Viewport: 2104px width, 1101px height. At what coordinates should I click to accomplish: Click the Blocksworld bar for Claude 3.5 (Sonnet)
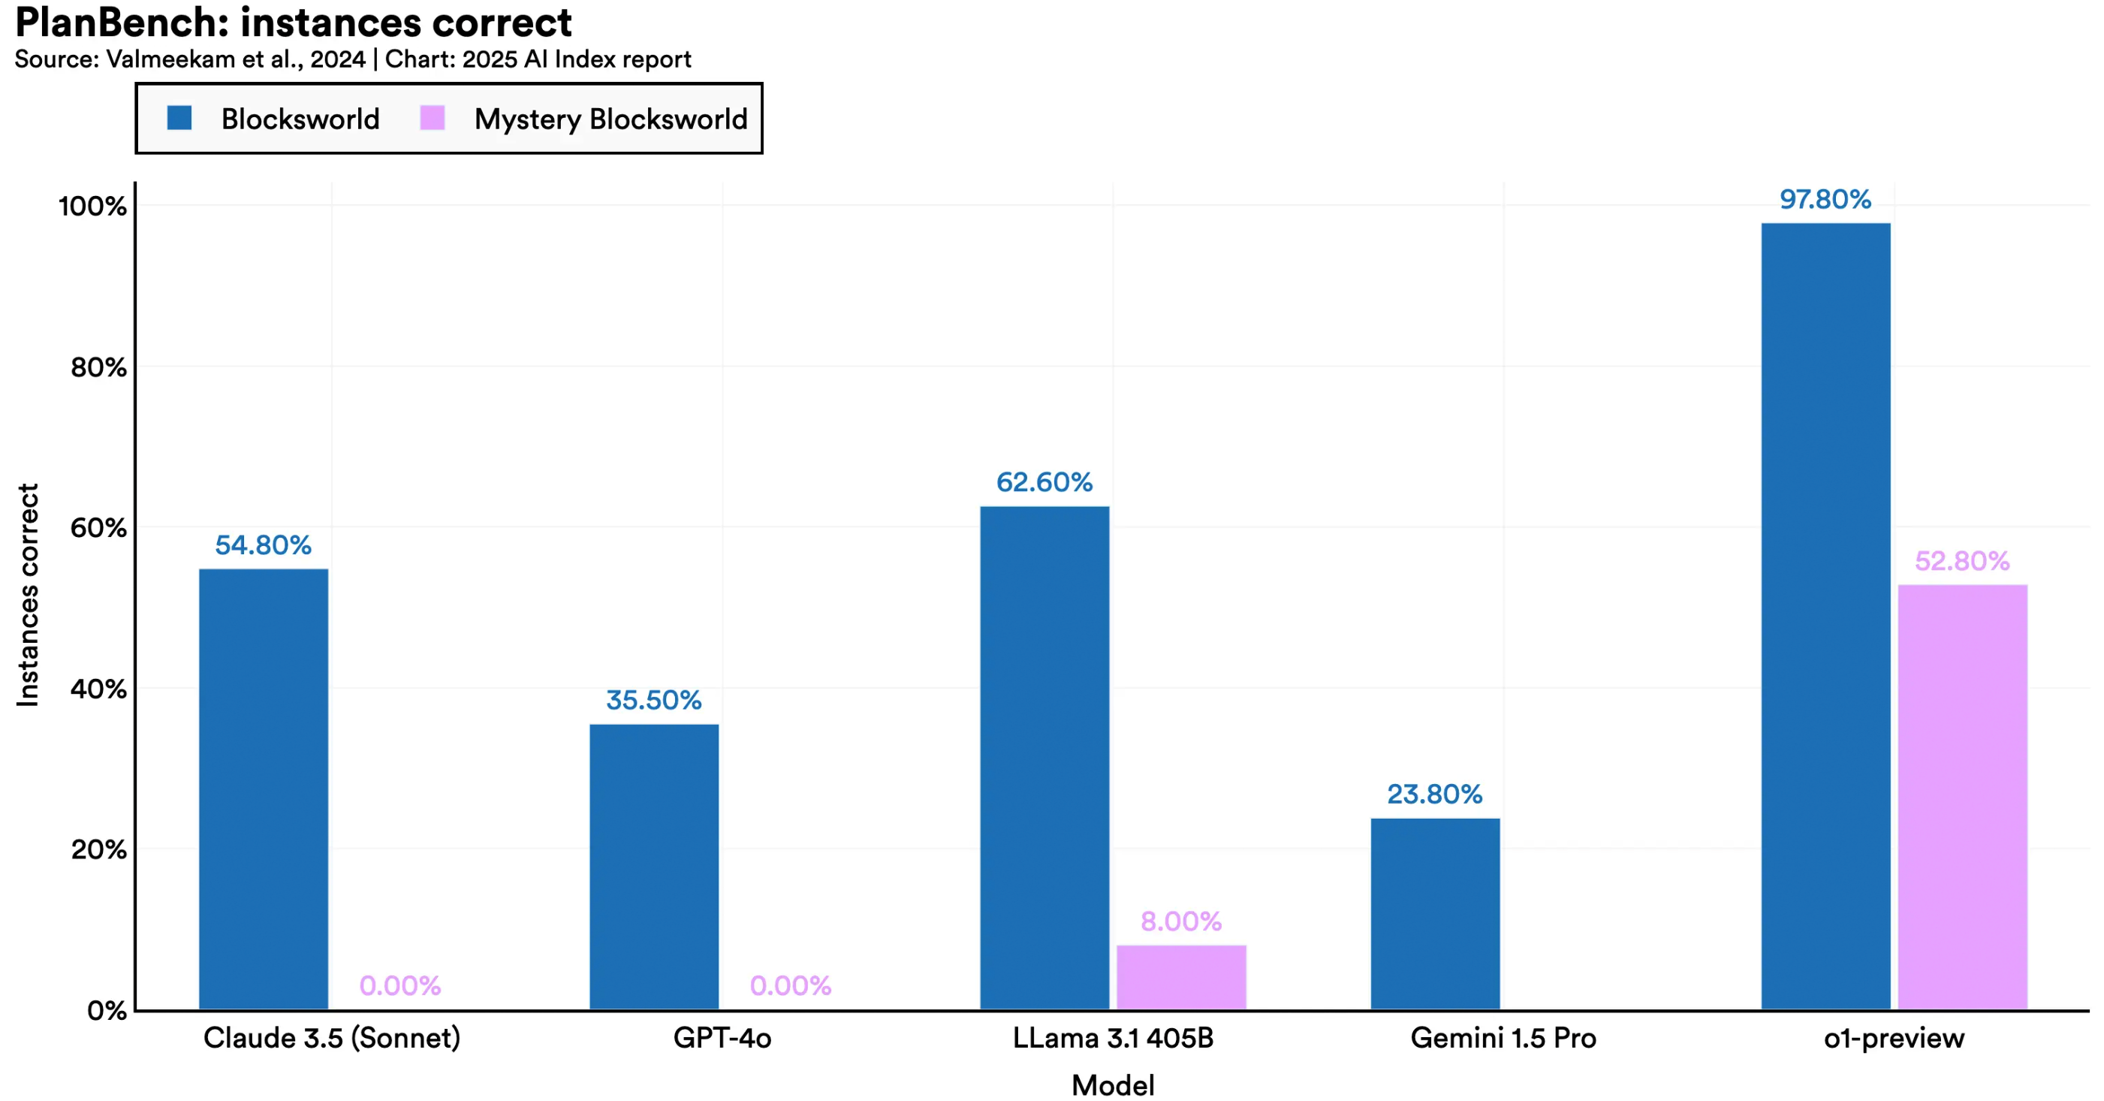[263, 788]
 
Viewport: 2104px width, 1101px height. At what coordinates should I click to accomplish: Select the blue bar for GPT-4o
[653, 866]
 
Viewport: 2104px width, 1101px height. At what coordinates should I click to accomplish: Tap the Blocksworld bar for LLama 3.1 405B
[1044, 757]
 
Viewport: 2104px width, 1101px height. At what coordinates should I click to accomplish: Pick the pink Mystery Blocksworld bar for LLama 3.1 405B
[1181, 977]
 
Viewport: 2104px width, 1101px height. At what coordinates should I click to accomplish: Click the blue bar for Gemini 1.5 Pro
[1435, 913]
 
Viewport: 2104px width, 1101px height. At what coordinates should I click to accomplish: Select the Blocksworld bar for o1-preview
[1825, 616]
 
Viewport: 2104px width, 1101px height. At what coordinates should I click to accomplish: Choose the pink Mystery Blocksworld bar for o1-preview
[1962, 796]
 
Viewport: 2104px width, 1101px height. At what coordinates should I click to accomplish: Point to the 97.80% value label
[1825, 199]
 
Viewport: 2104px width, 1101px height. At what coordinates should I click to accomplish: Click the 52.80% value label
[1962, 561]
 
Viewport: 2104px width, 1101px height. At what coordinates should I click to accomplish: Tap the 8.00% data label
[1181, 922]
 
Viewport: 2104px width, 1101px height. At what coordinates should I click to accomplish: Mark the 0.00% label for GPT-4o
[791, 986]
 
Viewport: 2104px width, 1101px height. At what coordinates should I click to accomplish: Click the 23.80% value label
[1435, 794]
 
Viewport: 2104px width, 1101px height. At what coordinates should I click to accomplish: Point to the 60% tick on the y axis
[99, 528]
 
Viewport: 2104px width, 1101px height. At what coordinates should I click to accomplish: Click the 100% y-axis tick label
[93, 206]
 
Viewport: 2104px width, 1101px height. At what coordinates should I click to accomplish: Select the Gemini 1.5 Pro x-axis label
[1503, 1038]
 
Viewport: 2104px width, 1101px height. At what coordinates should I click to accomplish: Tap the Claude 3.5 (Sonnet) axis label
[332, 1038]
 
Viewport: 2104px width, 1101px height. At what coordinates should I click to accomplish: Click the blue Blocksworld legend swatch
[179, 119]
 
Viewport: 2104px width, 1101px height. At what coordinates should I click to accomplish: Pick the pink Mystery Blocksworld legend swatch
[432, 119]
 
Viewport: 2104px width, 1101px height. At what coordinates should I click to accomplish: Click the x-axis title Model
[1112, 1085]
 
